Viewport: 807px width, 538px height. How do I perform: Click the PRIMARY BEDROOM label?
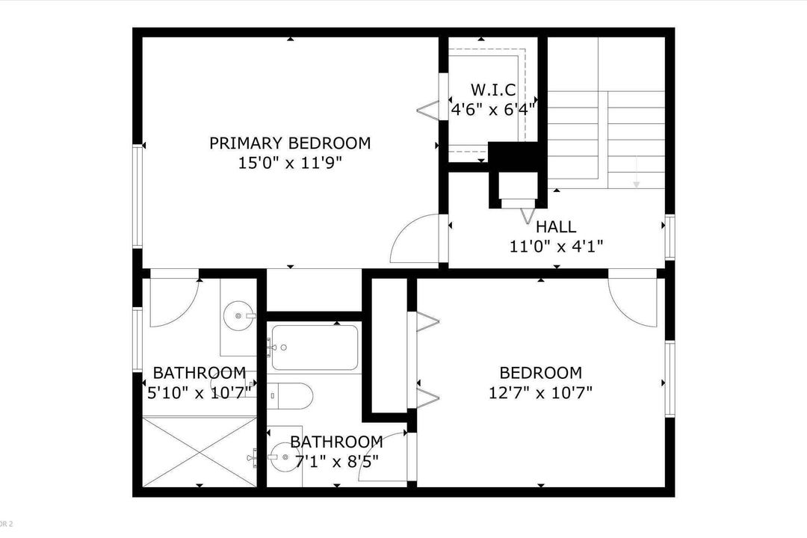(x=290, y=143)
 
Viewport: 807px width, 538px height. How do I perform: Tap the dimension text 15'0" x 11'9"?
(x=290, y=162)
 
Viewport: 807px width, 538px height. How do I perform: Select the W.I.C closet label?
(x=493, y=90)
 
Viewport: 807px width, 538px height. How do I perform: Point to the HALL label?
(x=556, y=226)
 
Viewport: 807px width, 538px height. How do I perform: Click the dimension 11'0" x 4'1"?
(x=556, y=245)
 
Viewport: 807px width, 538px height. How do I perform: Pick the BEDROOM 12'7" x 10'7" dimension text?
(x=540, y=392)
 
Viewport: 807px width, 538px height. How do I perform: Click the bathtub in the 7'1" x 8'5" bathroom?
(x=314, y=347)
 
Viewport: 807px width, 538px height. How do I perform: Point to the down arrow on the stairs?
(x=636, y=179)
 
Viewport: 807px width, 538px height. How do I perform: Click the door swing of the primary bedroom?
(x=412, y=237)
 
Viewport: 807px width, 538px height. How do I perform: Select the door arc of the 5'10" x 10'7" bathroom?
(x=173, y=303)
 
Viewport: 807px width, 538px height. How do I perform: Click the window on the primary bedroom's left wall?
(x=137, y=196)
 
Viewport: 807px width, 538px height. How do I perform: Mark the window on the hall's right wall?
(x=670, y=237)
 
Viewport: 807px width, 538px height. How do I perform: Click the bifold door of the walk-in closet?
(x=428, y=110)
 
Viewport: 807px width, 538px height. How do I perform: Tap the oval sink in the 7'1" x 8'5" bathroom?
(x=281, y=458)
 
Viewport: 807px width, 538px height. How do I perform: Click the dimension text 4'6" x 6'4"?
(x=493, y=109)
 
